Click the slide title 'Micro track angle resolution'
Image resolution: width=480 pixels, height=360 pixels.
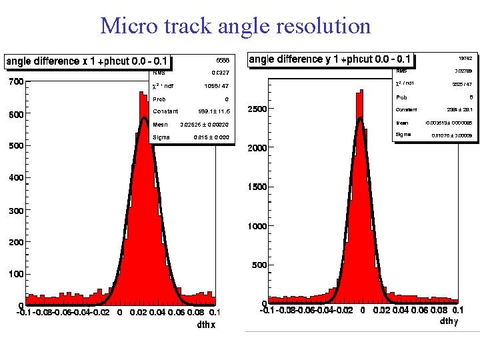point(235,26)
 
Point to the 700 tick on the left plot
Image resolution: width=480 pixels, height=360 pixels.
point(15,82)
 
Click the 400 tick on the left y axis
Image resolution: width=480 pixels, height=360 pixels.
point(15,178)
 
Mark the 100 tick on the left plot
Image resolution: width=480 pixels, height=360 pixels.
point(15,274)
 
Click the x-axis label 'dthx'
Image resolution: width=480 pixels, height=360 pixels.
point(206,325)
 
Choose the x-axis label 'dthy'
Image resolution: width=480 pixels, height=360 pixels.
point(448,321)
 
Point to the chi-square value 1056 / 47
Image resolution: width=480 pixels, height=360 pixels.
point(217,85)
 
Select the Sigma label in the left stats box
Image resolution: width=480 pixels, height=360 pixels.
point(161,137)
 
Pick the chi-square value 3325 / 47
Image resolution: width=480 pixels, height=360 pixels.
point(461,84)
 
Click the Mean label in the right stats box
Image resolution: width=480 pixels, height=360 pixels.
point(402,123)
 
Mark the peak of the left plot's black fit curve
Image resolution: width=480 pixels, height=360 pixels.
point(144,119)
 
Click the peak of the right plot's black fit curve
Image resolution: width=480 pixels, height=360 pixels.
point(361,119)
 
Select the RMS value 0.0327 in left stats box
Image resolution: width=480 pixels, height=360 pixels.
point(220,73)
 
